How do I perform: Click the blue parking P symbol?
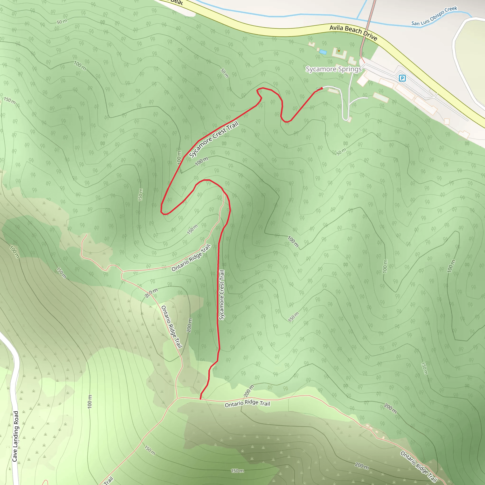pos(402,78)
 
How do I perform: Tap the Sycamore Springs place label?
pos(334,69)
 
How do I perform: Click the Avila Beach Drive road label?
pos(353,32)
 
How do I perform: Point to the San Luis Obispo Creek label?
pos(434,16)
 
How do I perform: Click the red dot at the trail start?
pos(322,88)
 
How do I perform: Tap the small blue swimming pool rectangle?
pos(323,52)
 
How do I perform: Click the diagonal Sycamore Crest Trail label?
pos(214,139)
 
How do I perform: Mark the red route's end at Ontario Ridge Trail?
pos(200,399)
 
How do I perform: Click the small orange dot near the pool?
pos(339,51)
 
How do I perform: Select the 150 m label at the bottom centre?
pos(237,471)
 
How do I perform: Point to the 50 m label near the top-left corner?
pos(62,22)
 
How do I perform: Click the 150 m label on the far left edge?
pos(9,100)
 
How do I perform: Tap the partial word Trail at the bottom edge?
pos(108,481)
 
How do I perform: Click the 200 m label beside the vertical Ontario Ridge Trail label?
pos(189,325)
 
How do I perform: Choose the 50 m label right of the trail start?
pos(341,152)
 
